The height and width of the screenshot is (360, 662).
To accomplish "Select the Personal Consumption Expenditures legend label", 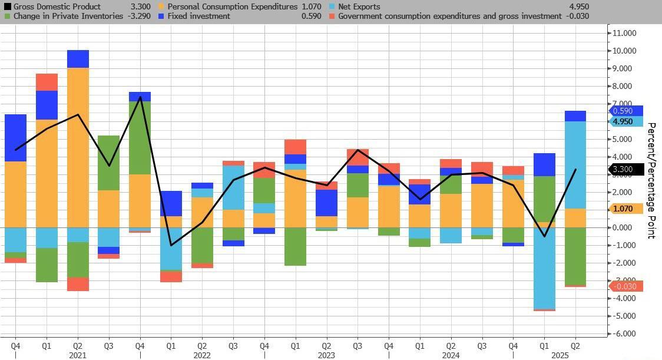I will click(x=233, y=6).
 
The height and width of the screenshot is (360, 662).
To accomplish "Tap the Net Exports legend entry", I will click(x=359, y=6).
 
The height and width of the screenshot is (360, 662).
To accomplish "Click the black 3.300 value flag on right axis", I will click(x=623, y=170).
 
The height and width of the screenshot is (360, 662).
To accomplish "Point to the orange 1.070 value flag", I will click(x=623, y=209).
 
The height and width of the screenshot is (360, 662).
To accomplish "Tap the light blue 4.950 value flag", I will click(x=623, y=122).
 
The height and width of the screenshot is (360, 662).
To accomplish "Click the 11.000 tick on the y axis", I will click(x=624, y=33).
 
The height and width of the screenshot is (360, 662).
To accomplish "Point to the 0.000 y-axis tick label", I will click(x=624, y=227).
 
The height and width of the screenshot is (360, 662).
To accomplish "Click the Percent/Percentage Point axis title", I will click(x=651, y=180).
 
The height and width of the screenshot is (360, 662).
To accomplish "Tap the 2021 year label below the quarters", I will click(x=78, y=355).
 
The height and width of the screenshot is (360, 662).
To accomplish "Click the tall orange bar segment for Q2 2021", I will click(x=78, y=147).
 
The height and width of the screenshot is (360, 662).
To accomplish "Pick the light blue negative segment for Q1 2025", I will click(x=545, y=268).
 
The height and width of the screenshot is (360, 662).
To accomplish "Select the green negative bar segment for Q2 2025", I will click(x=575, y=256).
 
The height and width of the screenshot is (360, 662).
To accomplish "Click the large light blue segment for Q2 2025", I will click(x=575, y=165).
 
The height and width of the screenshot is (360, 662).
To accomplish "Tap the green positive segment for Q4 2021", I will click(x=140, y=138).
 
